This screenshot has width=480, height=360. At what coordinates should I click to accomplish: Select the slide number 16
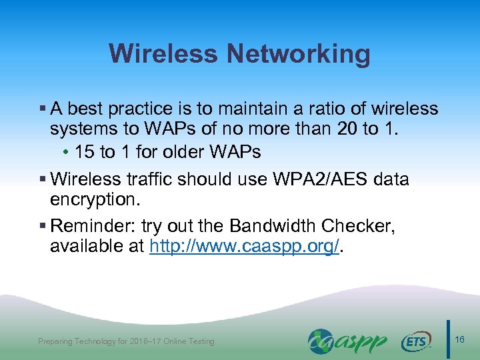coord(460,340)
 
